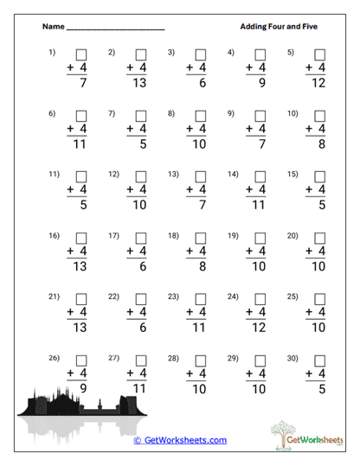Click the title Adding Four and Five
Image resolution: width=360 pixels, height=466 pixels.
[279, 27]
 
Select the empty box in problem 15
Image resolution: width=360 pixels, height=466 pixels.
[320, 175]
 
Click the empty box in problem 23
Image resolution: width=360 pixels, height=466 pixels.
[201, 297]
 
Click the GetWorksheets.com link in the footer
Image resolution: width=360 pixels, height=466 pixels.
[180, 440]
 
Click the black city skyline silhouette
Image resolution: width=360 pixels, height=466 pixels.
[78, 403]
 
